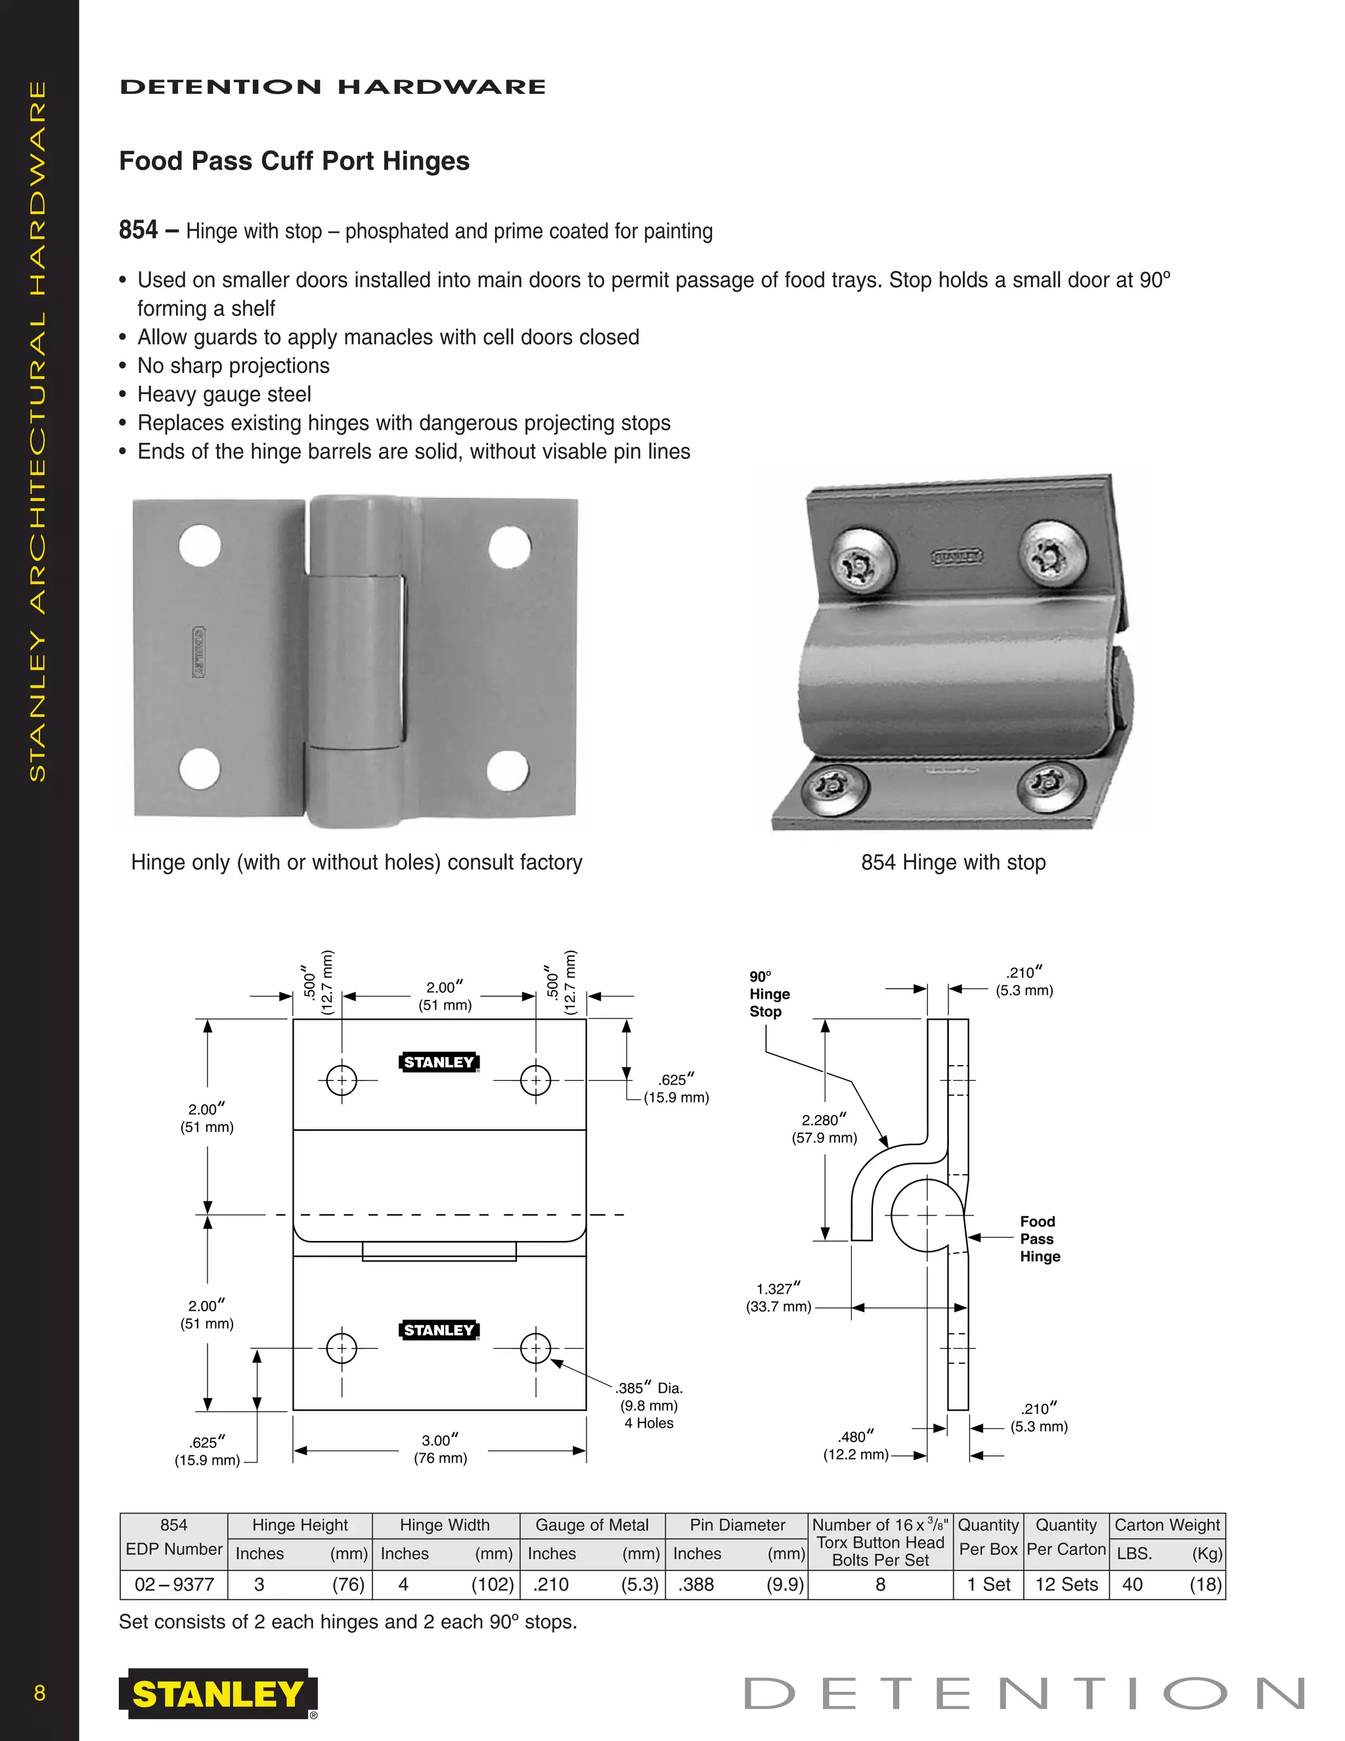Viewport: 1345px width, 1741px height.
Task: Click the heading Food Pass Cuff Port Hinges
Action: click(294, 161)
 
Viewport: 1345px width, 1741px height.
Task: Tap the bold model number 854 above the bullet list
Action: click(139, 231)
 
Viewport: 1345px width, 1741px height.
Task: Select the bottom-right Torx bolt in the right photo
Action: click(1051, 785)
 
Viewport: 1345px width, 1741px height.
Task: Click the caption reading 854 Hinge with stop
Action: click(953, 863)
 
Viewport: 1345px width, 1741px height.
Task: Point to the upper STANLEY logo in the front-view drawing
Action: click(438, 1062)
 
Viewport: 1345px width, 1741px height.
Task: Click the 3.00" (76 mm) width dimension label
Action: click(440, 1449)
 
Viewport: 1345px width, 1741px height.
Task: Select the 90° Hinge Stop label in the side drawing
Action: click(769, 994)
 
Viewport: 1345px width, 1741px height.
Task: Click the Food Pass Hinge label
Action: click(1039, 1239)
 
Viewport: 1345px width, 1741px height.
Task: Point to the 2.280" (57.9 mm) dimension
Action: click(824, 1129)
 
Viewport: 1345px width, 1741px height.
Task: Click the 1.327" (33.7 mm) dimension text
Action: click(778, 1297)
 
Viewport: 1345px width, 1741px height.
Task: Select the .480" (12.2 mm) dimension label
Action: click(856, 1445)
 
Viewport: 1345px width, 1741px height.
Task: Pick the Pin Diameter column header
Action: click(737, 1525)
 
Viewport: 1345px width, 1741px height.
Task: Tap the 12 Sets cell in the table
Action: click(1066, 1584)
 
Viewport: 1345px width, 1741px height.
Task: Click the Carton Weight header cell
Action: click(1166, 1525)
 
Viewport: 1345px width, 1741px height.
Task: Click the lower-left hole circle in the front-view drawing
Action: click(342, 1348)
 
